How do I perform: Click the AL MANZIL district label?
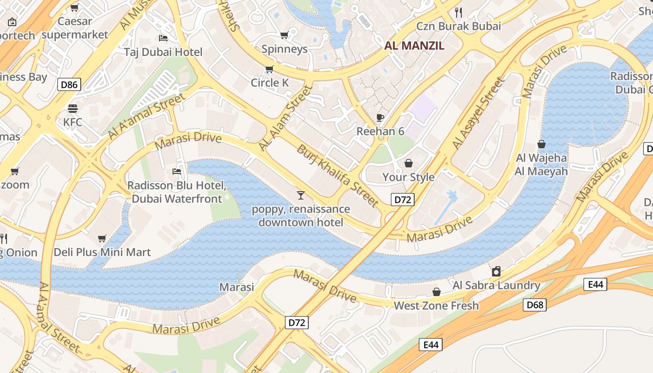point(414,46)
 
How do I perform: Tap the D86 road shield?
point(69,84)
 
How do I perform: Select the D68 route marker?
point(534,305)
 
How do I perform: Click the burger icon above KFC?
point(73,109)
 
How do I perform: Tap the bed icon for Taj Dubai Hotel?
point(163,38)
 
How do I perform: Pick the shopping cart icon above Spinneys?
point(284,35)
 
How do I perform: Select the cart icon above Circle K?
point(269,69)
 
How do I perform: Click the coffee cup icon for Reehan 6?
point(380,117)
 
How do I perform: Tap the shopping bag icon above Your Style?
point(409,163)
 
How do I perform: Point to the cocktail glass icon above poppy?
point(301,195)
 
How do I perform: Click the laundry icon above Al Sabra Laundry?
point(496,271)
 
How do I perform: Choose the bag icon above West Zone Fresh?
point(437,292)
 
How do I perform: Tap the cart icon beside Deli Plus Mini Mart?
point(102,239)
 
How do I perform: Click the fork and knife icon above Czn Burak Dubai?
point(458,12)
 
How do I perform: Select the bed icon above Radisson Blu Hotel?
point(177,172)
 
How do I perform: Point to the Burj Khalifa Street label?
point(337,176)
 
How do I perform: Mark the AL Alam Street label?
point(285,118)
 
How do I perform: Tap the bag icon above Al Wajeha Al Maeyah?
point(542,144)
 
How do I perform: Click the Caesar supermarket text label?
point(75,28)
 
